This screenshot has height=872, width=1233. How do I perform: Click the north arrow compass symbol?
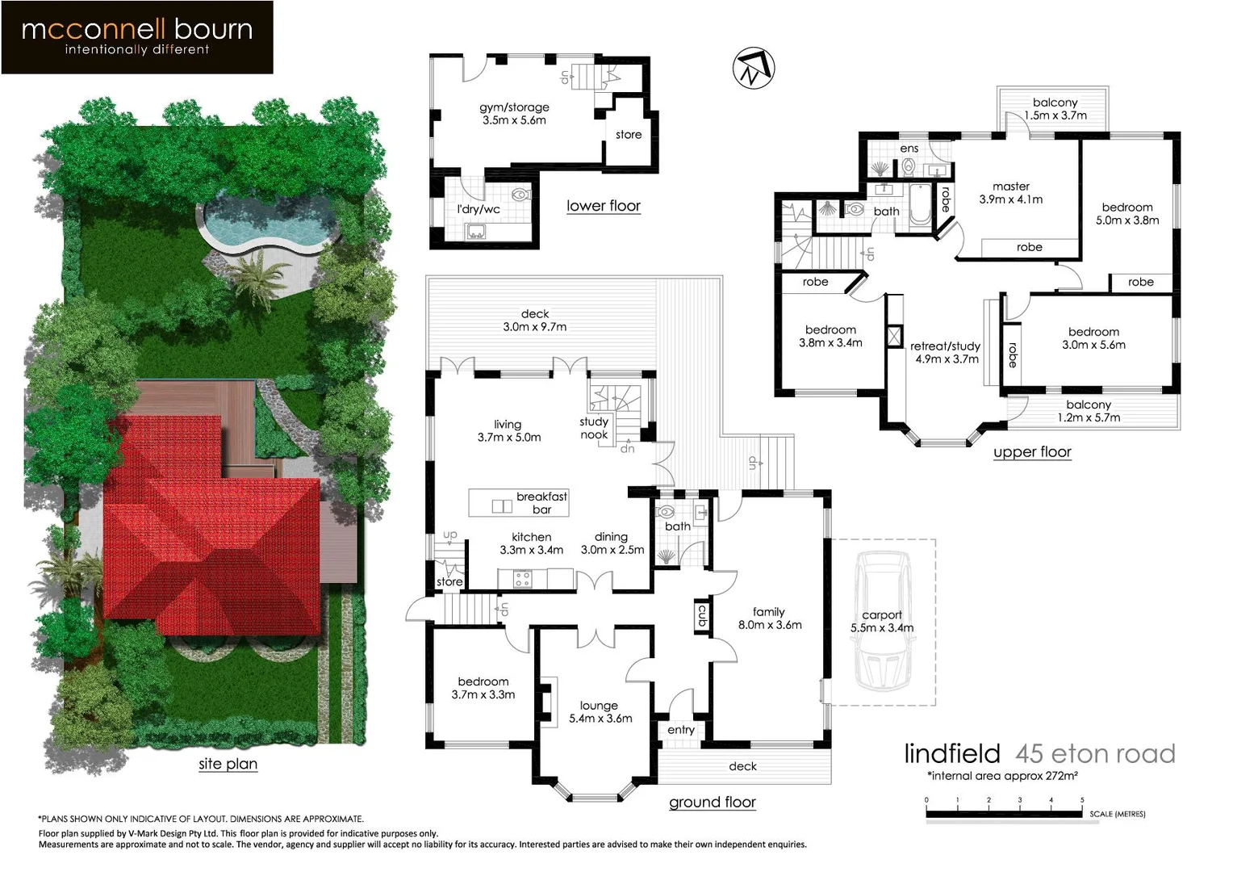754,68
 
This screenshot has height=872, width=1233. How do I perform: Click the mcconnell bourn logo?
137,37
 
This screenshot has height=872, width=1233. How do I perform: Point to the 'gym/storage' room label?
514,107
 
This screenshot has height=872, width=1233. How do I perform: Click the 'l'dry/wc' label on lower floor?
479,209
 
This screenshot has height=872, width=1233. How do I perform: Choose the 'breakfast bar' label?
541,502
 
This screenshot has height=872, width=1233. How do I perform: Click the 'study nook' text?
594,428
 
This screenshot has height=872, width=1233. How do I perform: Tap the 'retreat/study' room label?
945,346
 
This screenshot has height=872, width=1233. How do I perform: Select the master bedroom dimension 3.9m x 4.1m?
1011,199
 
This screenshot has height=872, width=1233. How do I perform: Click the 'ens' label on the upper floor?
909,149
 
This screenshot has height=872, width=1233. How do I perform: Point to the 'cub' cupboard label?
702,616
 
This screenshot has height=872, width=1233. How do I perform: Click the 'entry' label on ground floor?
681,730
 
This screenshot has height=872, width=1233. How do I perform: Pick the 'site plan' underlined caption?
228,764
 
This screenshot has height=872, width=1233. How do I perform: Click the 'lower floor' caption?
604,206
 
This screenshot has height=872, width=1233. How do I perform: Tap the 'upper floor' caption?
1032,452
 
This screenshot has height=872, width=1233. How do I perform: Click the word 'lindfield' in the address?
952,753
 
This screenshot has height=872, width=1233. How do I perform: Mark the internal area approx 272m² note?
1002,776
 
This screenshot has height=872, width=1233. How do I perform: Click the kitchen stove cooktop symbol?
522,578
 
